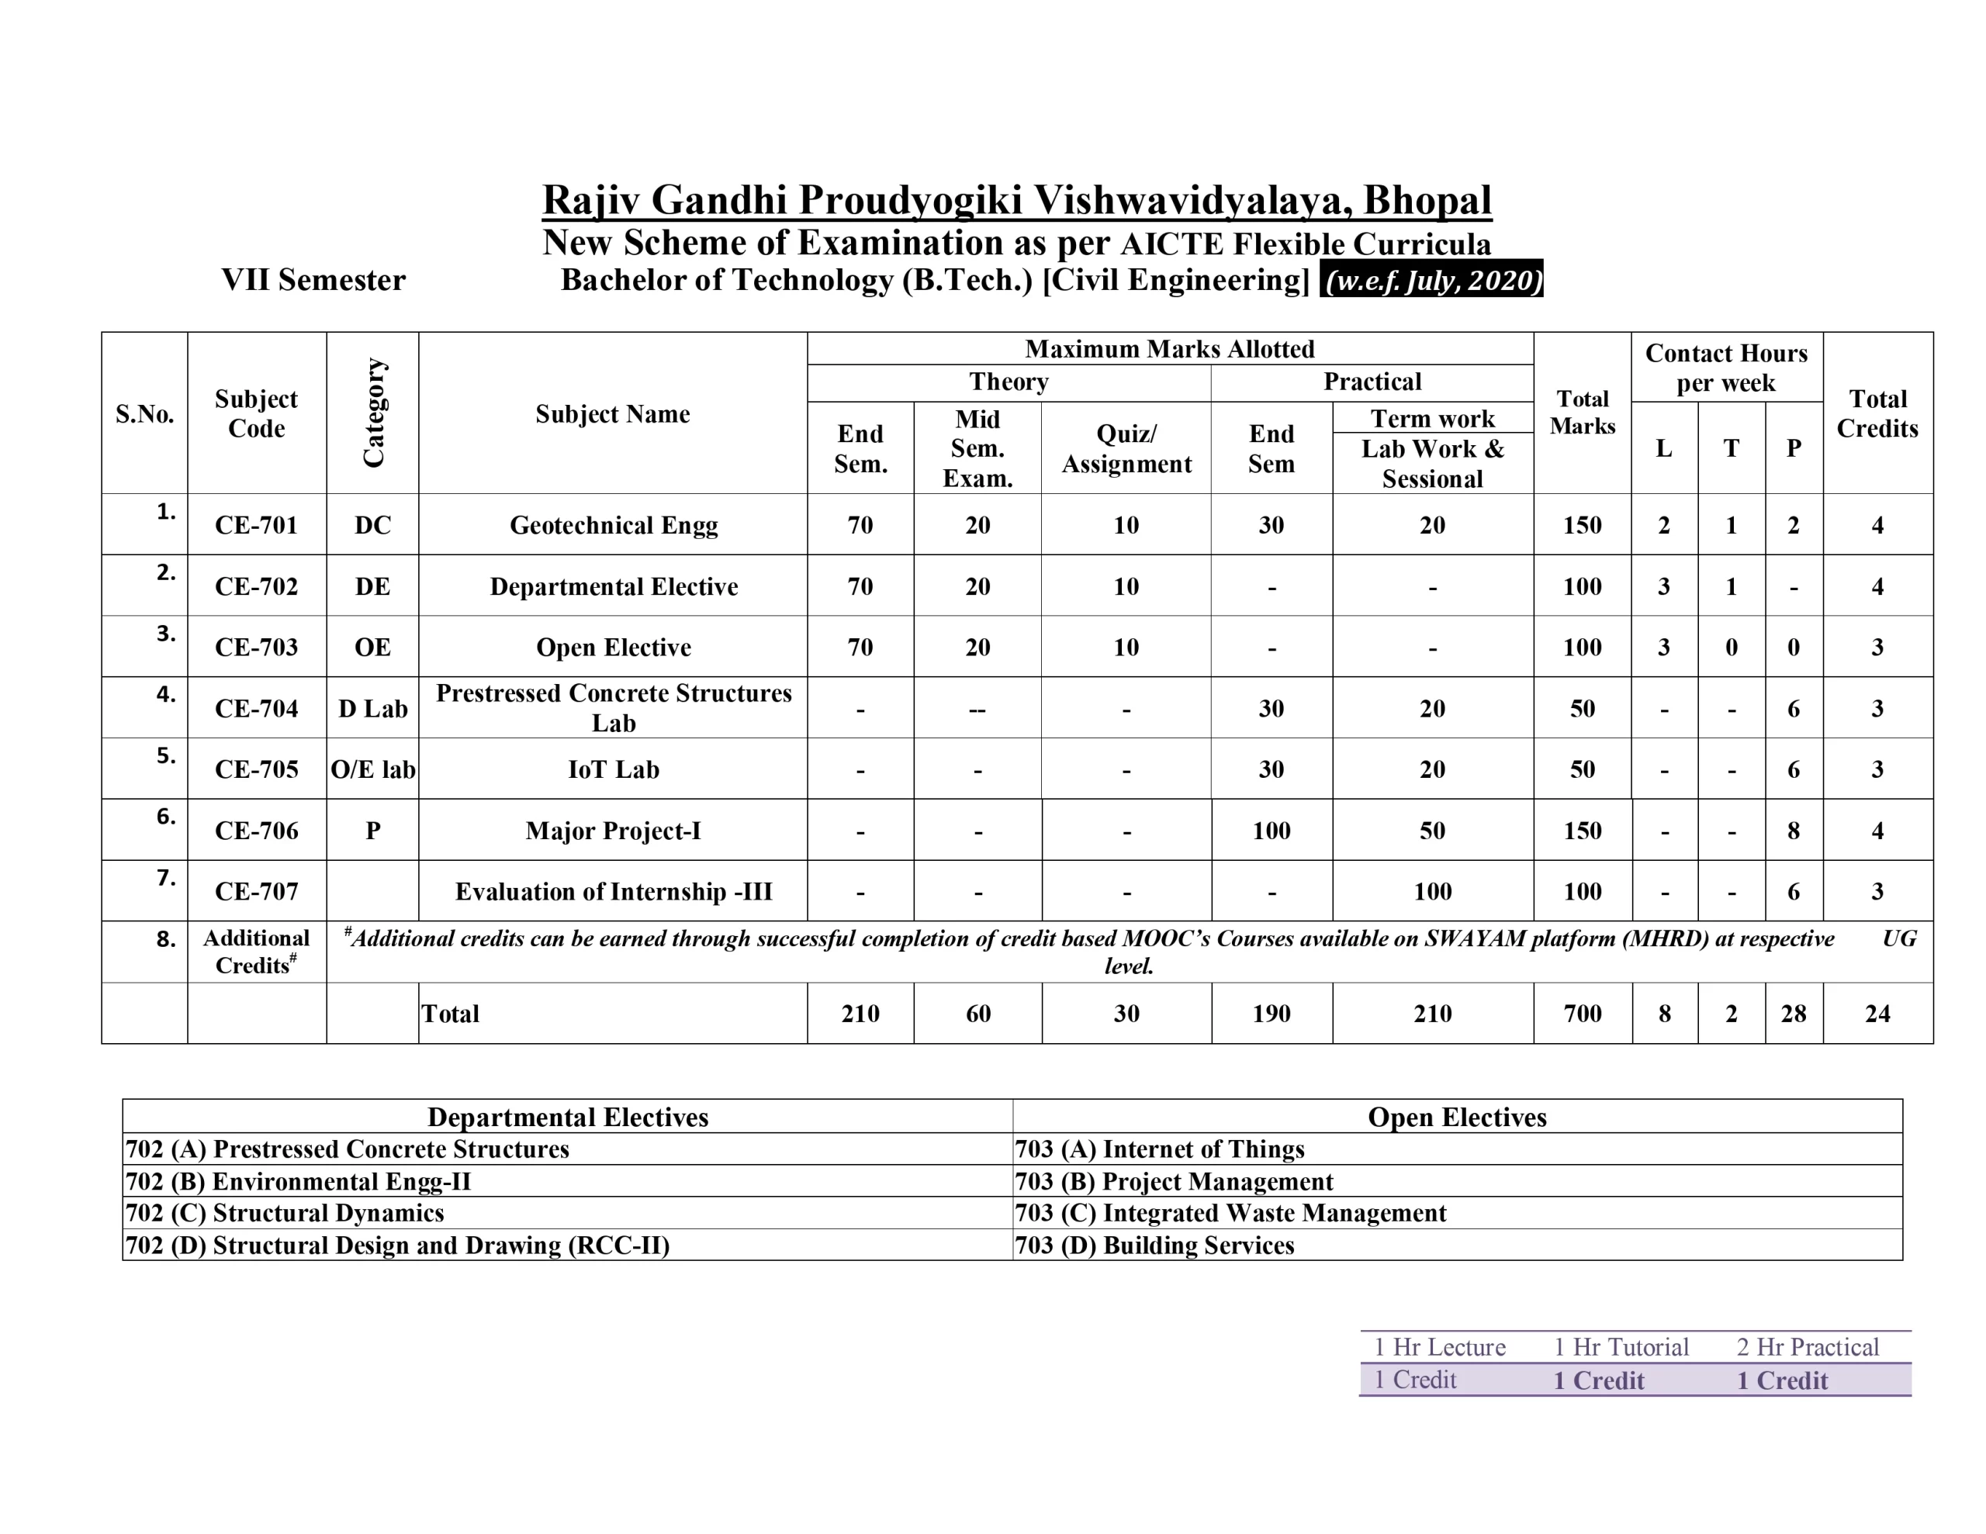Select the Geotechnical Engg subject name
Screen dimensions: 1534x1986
pos(613,526)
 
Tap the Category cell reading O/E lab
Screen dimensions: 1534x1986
pos(373,770)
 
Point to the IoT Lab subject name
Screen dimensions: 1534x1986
pos(613,770)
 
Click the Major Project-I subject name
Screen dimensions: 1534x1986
pos(613,831)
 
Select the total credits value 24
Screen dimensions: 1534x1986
pos(1877,1014)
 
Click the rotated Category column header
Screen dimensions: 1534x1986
pos(373,413)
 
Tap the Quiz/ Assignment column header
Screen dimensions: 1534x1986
pos(1126,448)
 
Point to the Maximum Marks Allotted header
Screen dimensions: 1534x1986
pos(1169,349)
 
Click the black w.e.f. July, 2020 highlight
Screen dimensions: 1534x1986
pos(1432,280)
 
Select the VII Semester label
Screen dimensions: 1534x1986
pos(313,280)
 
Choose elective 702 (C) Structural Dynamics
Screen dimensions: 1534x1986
pos(285,1213)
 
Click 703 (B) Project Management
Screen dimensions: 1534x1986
pos(1174,1182)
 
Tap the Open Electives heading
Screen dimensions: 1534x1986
pos(1457,1118)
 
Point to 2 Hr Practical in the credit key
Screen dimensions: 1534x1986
pos(1807,1348)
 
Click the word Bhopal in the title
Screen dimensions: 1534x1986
pos(1427,200)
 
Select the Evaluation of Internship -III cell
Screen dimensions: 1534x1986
pos(613,892)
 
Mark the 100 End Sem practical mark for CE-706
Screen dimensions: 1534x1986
pos(1271,831)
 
